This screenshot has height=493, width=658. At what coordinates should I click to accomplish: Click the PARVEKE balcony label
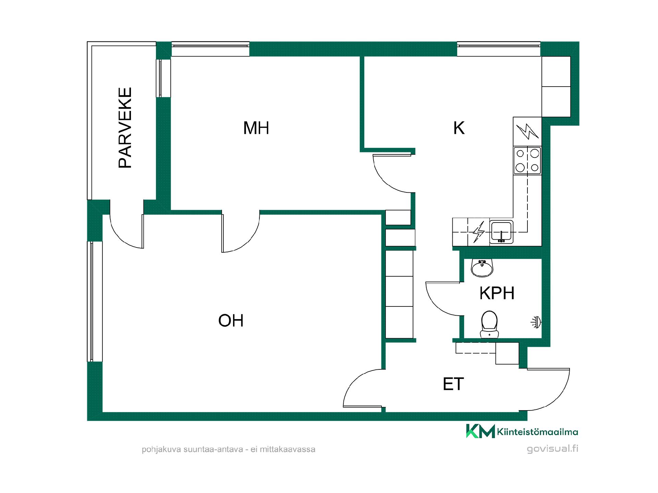(x=125, y=128)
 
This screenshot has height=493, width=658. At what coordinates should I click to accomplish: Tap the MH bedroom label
(x=256, y=128)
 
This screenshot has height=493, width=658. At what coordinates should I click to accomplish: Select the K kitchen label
(x=459, y=128)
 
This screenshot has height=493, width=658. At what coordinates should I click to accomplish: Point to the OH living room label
(x=231, y=321)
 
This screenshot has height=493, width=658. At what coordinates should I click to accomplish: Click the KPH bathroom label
(x=497, y=293)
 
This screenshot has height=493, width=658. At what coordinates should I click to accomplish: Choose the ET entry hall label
(x=453, y=384)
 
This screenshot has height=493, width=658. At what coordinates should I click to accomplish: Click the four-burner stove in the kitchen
(x=527, y=160)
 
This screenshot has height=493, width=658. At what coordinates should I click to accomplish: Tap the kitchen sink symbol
(x=501, y=231)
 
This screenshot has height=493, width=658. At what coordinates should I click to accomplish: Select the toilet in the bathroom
(x=489, y=324)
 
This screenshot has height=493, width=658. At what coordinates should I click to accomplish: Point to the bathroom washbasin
(x=482, y=268)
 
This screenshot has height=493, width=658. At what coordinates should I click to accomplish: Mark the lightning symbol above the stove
(x=527, y=131)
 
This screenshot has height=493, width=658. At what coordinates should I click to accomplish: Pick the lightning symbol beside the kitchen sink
(x=478, y=232)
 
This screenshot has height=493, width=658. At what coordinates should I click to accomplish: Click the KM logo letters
(x=480, y=431)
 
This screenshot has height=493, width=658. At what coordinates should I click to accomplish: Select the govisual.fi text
(x=552, y=448)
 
